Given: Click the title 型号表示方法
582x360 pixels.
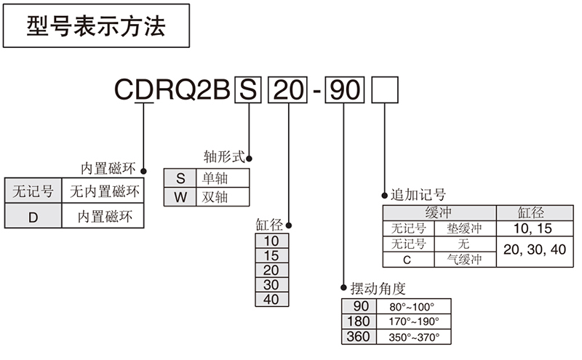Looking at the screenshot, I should click(96, 27).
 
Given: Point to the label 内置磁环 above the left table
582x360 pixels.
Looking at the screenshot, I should click(108, 169).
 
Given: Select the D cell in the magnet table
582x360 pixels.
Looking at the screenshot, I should click(32, 216).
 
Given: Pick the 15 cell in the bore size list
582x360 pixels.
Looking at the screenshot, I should click(271, 255).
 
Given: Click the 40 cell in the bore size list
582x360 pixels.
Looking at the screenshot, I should click(271, 299).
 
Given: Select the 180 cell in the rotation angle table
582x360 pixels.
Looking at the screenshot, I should click(359, 321).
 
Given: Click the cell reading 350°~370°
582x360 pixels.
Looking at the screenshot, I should click(414, 337).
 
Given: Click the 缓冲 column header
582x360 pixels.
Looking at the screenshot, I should click(439, 212).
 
